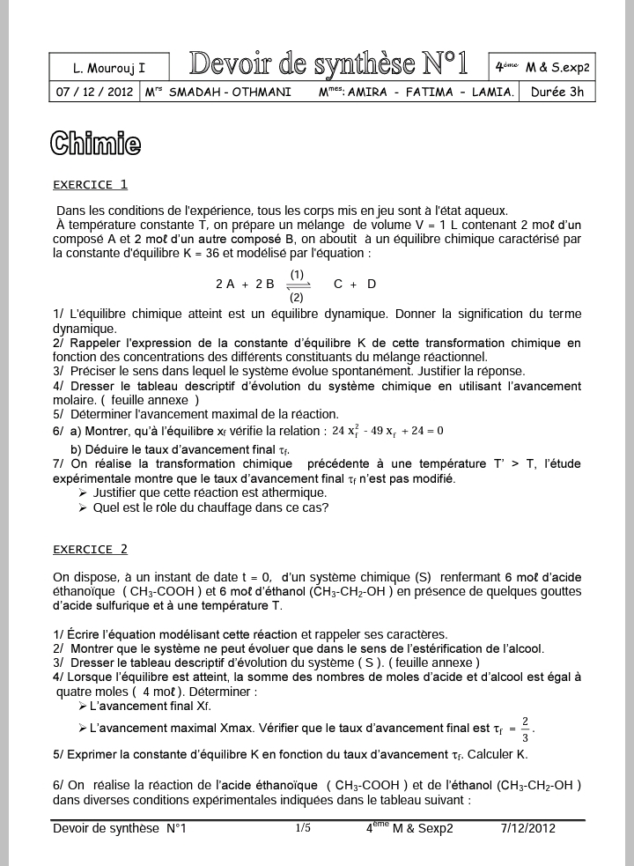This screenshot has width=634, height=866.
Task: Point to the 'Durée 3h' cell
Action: pos(557,92)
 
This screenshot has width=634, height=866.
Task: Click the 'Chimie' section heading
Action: pos(95,144)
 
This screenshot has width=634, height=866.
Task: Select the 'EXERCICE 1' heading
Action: pos(90,185)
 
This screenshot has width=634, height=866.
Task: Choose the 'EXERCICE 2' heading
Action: pos(90,550)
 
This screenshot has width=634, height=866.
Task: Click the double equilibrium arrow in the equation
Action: pos(299,285)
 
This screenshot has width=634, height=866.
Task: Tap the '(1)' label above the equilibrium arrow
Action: pos(297,274)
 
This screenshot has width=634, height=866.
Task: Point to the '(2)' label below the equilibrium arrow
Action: pos(297,297)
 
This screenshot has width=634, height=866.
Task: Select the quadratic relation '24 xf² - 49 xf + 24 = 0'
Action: pos(387,431)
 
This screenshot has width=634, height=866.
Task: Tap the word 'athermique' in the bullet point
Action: pos(272,492)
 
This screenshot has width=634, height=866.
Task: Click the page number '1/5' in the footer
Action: pos(303,828)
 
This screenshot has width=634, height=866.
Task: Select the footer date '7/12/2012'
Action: pos(528,828)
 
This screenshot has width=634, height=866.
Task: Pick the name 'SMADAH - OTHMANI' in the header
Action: pos(230,92)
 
